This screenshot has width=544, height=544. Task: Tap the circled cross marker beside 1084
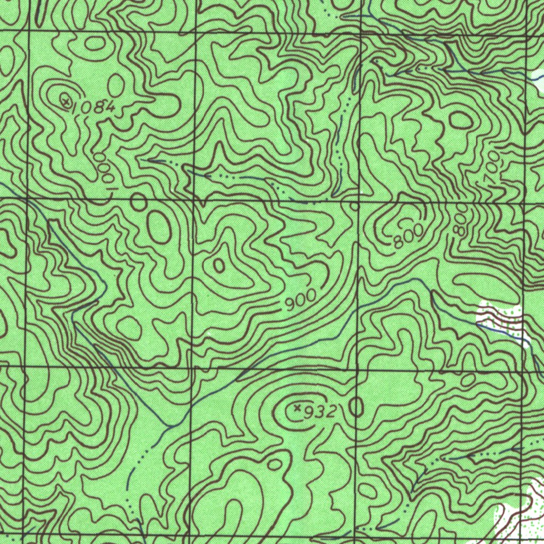coord(65,100)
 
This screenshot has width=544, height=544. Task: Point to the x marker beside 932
coord(297,408)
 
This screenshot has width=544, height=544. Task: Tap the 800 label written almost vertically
coord(461,220)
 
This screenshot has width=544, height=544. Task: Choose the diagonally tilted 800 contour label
coord(409,236)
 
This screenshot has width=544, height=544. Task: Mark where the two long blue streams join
coord(169,426)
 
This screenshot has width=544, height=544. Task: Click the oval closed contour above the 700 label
coord(461,121)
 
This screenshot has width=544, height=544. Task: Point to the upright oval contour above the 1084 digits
coord(116,85)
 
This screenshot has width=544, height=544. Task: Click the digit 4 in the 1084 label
coord(109,107)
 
